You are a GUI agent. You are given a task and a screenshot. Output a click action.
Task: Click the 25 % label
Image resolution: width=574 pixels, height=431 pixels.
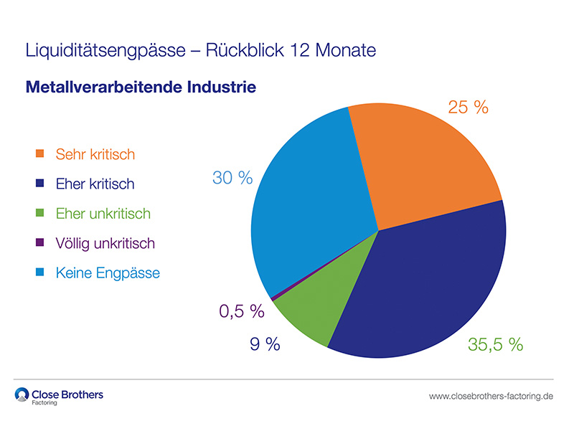click(x=468, y=108)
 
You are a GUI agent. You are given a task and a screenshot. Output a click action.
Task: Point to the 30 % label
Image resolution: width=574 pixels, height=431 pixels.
click(x=232, y=177)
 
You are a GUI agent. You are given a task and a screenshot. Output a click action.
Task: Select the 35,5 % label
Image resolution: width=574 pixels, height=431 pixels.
click(x=495, y=344)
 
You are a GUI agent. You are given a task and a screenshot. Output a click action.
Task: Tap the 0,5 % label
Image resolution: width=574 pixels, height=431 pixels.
click(x=241, y=312)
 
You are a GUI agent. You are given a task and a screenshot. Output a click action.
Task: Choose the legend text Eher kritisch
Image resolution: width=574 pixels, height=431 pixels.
click(x=94, y=184)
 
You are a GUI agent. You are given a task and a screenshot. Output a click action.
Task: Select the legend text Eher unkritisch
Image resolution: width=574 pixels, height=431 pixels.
click(x=103, y=214)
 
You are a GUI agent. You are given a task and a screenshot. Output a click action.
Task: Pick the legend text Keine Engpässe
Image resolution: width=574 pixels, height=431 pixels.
click(x=107, y=273)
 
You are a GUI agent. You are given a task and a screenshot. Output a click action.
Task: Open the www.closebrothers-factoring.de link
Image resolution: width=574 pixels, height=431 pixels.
click(x=491, y=396)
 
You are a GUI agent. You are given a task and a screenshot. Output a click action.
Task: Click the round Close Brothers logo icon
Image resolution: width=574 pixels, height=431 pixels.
click(x=22, y=395)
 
